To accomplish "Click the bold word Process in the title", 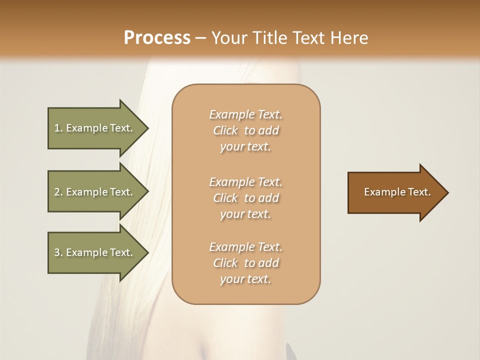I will pyautogui.click(x=157, y=38).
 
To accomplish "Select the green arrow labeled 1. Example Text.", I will pyautogui.click(x=95, y=128).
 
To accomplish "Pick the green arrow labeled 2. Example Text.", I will pyautogui.click(x=95, y=192).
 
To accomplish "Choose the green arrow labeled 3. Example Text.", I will pyautogui.click(x=95, y=252).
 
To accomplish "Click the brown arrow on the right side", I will pyautogui.click(x=395, y=192).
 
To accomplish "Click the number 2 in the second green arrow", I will pyautogui.click(x=57, y=192).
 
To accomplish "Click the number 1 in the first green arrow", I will pyautogui.click(x=57, y=128).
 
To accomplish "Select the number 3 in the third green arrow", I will pyautogui.click(x=57, y=252).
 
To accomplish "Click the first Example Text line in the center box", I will pyautogui.click(x=245, y=114).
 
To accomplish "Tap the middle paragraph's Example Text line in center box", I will pyautogui.click(x=245, y=182).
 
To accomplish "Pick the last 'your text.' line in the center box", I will pyautogui.click(x=245, y=279).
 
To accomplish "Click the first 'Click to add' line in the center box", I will pyautogui.click(x=245, y=130).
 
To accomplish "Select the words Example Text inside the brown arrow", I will pyautogui.click(x=397, y=192).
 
